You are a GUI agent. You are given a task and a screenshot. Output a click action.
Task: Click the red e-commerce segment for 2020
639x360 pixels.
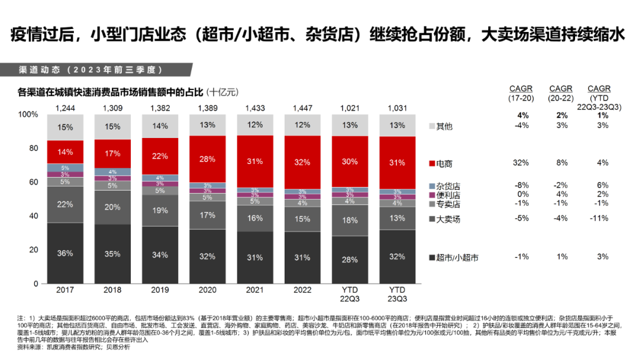[x=207, y=159]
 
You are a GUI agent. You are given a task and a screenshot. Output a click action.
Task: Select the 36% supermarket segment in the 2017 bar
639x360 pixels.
[x=65, y=253]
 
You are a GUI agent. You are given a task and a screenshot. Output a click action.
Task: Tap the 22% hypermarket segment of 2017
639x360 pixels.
[x=65, y=204]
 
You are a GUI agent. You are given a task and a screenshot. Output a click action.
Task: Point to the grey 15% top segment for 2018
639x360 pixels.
[x=112, y=127]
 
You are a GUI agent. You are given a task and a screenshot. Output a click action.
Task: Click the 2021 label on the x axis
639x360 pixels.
[x=255, y=290]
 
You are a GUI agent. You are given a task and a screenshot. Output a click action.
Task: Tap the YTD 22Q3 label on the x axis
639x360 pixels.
[x=350, y=294]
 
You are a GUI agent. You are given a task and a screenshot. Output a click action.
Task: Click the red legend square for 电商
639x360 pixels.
[x=431, y=162]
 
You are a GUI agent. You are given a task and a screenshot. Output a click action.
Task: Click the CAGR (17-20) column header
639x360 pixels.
[x=521, y=93]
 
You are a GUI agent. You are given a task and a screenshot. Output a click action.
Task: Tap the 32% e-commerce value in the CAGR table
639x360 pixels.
[x=521, y=162]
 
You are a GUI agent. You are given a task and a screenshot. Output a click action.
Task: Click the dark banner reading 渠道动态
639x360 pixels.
[x=89, y=69]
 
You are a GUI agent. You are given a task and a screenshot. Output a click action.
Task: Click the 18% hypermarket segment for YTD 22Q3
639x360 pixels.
[x=350, y=220]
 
